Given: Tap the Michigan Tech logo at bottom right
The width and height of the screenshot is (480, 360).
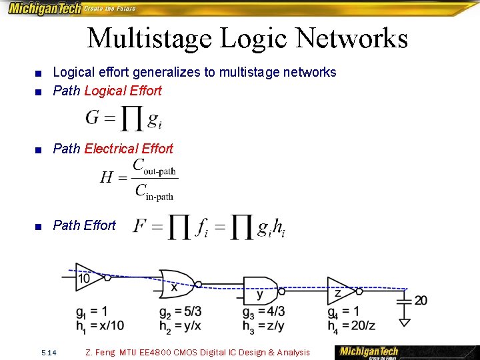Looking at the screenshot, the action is [x=369, y=352].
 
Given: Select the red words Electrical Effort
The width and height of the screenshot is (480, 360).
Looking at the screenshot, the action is [x=129, y=149].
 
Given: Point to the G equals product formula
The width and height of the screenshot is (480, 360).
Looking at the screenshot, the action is [x=123, y=119].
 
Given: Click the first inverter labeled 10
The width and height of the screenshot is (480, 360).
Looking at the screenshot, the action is [x=86, y=277].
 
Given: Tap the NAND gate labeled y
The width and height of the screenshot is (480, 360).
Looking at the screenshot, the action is [x=260, y=291].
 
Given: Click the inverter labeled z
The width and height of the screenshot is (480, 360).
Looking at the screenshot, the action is [x=342, y=291].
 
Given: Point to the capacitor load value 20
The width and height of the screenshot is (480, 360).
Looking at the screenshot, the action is [x=421, y=301].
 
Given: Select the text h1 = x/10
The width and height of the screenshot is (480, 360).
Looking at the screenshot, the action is [x=99, y=325].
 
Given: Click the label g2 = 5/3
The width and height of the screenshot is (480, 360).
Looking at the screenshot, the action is [x=180, y=312].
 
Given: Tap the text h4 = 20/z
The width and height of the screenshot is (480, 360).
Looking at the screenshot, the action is [x=351, y=325].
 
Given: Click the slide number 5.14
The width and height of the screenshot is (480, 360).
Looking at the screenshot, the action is [x=49, y=352].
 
